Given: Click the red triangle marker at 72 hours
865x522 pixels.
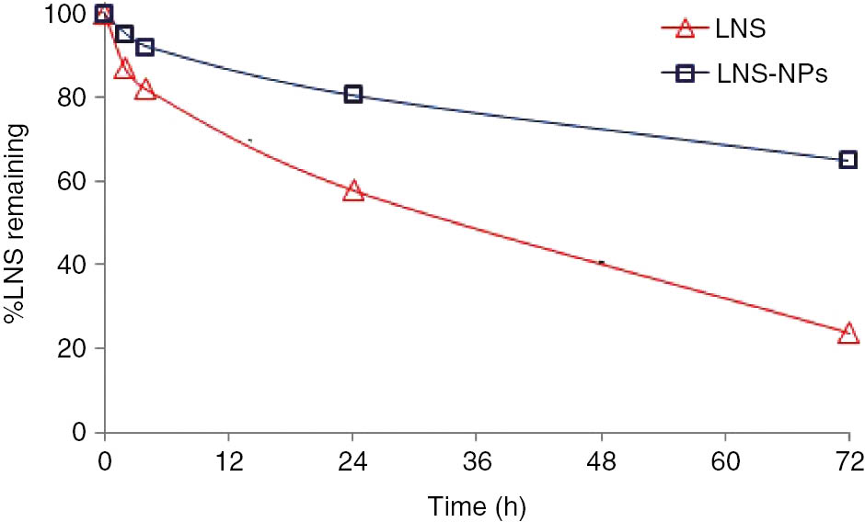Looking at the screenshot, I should click(848, 334).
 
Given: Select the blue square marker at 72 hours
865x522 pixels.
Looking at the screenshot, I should click(848, 160).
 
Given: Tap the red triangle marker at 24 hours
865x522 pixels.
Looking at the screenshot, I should click(352, 191).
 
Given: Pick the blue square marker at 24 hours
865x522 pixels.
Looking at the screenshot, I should click(352, 94).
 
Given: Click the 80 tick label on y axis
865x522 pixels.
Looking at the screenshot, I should click(76, 97).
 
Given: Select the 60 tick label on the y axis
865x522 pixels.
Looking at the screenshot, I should click(76, 181).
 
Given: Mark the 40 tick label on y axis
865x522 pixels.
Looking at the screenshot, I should click(76, 265).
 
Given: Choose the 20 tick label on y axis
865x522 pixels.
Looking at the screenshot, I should click(76, 348).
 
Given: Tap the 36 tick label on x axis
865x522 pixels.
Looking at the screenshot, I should click(477, 459).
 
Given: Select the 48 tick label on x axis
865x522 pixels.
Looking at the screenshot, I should click(601, 459).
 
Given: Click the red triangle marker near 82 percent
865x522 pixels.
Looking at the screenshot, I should click(144, 90).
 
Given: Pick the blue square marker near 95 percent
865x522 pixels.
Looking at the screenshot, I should click(124, 34).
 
